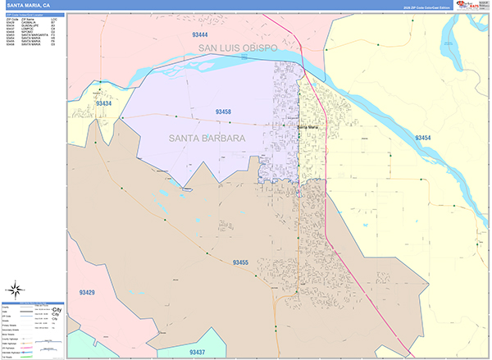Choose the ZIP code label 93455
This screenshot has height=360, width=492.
click(239, 262)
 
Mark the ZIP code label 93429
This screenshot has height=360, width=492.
click(86, 293)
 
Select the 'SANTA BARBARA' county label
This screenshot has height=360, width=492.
click(207, 139)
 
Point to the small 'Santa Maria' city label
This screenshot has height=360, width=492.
click(307, 127)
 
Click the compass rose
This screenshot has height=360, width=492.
click(15, 288)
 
